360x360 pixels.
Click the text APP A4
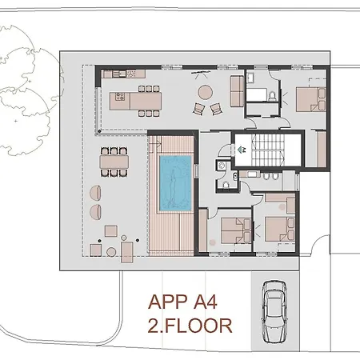(x=183, y=303)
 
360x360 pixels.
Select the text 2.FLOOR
(x=190, y=325)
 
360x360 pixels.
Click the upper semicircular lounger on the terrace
(x=96, y=193)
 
